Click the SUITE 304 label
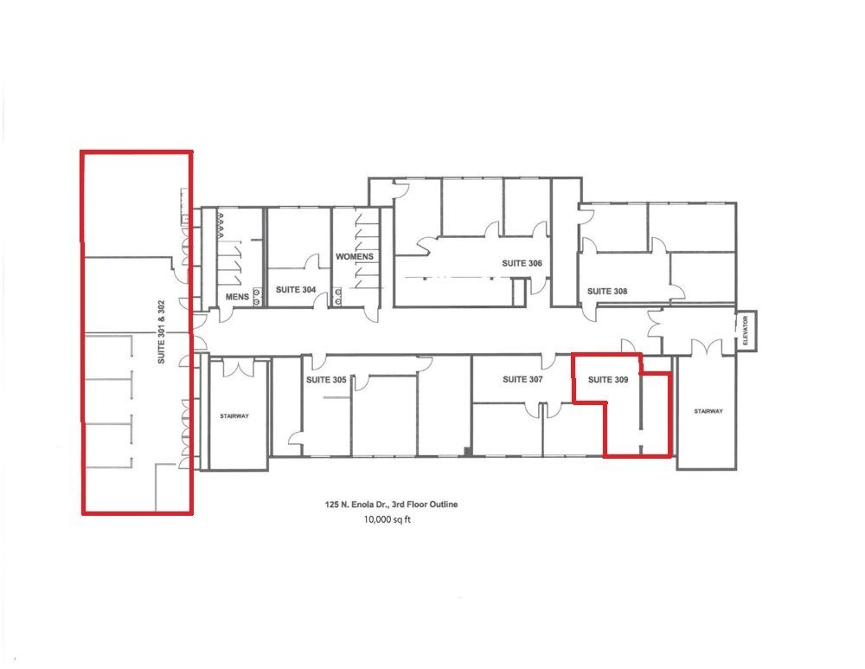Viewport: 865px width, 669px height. click(x=296, y=289)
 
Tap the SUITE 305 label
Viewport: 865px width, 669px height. click(x=326, y=380)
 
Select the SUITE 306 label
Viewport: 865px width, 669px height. click(x=522, y=263)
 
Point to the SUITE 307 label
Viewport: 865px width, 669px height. click(x=522, y=379)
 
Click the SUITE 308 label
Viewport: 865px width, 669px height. click(x=607, y=291)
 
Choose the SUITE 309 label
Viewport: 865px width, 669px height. click(x=608, y=379)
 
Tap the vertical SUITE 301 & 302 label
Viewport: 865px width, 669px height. click(x=161, y=331)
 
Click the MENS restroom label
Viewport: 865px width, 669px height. click(x=237, y=297)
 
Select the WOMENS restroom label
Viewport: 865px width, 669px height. click(x=355, y=257)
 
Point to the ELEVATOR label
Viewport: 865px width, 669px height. click(x=746, y=331)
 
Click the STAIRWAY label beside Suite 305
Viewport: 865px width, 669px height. click(x=234, y=416)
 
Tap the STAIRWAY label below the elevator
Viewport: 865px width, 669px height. click(x=708, y=411)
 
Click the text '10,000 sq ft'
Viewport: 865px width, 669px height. click(x=388, y=519)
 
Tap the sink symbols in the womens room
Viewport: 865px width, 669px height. click(x=337, y=297)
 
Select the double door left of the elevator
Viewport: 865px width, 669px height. click(x=706, y=347)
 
